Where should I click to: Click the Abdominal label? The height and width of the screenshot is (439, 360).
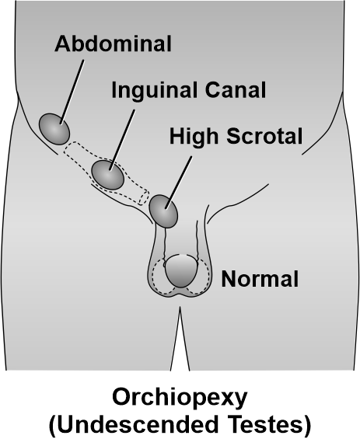tap(113, 44)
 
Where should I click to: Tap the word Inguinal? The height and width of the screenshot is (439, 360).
tap(154, 90)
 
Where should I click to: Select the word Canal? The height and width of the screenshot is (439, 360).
tap(236, 89)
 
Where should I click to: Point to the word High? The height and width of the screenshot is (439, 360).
tap(194, 137)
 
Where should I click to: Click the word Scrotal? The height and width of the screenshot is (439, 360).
tap(264, 136)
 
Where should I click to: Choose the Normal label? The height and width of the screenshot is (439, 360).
tap(260, 279)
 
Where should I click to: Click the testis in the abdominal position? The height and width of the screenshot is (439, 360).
tap(54, 129)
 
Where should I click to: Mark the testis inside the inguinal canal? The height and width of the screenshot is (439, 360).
tap(107, 175)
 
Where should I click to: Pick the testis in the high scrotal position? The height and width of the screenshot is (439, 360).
tap(163, 211)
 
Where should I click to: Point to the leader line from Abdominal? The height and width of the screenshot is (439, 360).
tap(72, 92)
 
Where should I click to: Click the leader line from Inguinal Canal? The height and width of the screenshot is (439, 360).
tap(122, 140)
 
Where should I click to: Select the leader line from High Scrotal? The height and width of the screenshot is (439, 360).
tap(179, 183)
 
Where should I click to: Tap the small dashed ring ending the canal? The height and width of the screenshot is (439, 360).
tap(144, 197)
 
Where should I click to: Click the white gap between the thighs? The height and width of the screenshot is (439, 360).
tap(180, 344)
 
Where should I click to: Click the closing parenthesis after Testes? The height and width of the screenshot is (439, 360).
tap(308, 424)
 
